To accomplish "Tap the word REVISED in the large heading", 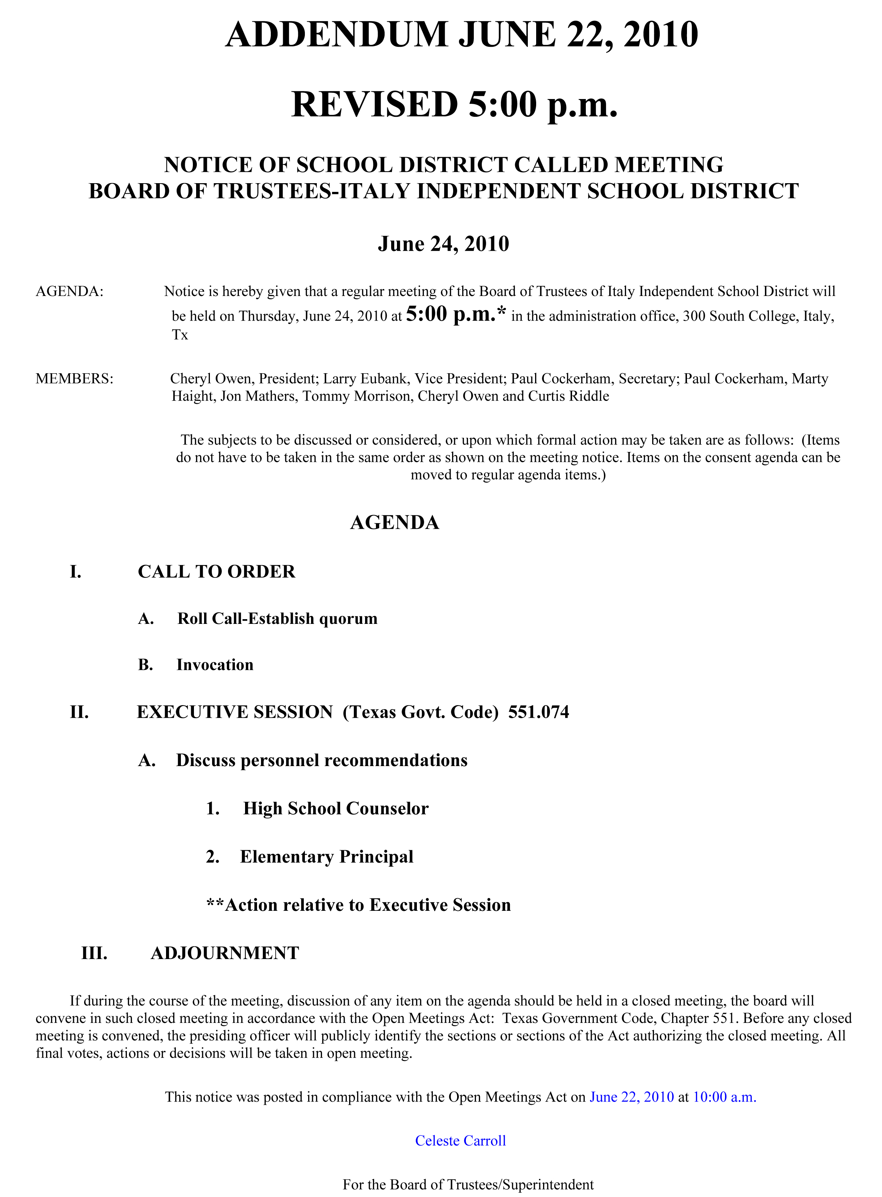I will (x=374, y=105).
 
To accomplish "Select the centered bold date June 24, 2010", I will (x=443, y=244).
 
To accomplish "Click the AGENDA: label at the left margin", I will (x=69, y=292).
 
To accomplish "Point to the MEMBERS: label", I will (x=74, y=379).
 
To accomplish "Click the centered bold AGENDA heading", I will (x=394, y=522).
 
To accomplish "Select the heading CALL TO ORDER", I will (x=216, y=572).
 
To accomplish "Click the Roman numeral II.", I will (x=79, y=712).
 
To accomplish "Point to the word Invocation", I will (x=215, y=665).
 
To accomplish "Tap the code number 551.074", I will (x=538, y=712).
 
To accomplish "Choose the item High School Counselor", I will (x=336, y=809).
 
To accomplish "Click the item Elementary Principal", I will (x=327, y=857).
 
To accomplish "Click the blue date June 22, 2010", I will (x=632, y=1097).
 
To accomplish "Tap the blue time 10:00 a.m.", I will (x=725, y=1097).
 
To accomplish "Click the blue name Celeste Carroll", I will (x=460, y=1141).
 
